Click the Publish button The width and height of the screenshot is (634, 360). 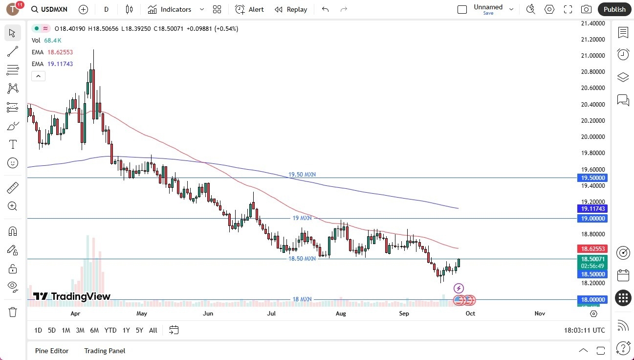click(614, 9)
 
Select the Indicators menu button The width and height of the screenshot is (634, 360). click(175, 9)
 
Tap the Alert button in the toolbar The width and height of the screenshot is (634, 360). click(249, 9)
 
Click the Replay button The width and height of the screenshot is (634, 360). click(291, 9)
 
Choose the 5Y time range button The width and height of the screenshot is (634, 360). click(139, 330)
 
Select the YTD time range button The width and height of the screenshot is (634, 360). click(110, 330)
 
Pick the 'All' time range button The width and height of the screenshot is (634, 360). click(153, 330)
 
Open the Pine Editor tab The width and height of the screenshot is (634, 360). click(52, 351)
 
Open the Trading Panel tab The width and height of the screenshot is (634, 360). click(105, 351)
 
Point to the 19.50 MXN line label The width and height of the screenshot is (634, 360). click(302, 175)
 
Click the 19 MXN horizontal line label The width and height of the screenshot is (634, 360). click(302, 218)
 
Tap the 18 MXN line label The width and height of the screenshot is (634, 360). click(302, 299)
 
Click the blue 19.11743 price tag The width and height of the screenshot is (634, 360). click(592, 209)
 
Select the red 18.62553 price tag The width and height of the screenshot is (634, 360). click(592, 248)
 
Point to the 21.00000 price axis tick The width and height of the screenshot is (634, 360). click(592, 55)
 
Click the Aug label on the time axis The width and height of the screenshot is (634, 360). click(341, 313)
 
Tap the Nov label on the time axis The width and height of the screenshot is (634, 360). click(540, 313)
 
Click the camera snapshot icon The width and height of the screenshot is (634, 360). click(586, 9)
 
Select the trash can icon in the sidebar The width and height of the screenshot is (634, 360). click(13, 312)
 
